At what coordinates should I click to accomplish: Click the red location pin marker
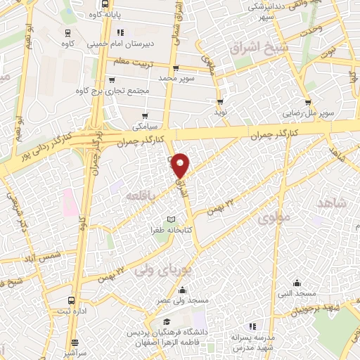click(181, 165)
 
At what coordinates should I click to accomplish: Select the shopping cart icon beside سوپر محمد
click(175, 68)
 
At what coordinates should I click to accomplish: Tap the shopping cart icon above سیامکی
click(146, 116)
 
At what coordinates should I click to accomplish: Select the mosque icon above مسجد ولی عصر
click(184, 290)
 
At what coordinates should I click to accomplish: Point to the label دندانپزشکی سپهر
click(250, 10)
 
